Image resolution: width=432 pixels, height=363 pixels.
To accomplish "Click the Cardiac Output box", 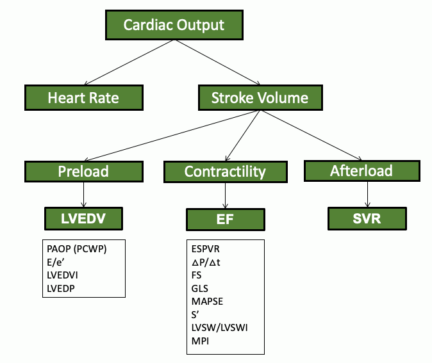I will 174,26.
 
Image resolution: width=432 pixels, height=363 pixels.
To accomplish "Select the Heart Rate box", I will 83,98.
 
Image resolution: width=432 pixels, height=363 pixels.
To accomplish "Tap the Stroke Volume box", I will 260,98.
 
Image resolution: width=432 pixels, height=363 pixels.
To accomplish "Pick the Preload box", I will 83,171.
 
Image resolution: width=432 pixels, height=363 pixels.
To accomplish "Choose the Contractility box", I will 224,172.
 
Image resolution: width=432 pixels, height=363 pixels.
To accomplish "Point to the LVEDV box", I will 83,218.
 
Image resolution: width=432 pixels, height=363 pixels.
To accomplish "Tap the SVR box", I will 367,218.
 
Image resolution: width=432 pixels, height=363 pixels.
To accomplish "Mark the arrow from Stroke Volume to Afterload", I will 313,134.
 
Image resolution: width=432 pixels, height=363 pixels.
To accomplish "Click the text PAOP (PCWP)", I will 76,249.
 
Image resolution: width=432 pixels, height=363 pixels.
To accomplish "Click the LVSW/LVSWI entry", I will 219,328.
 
